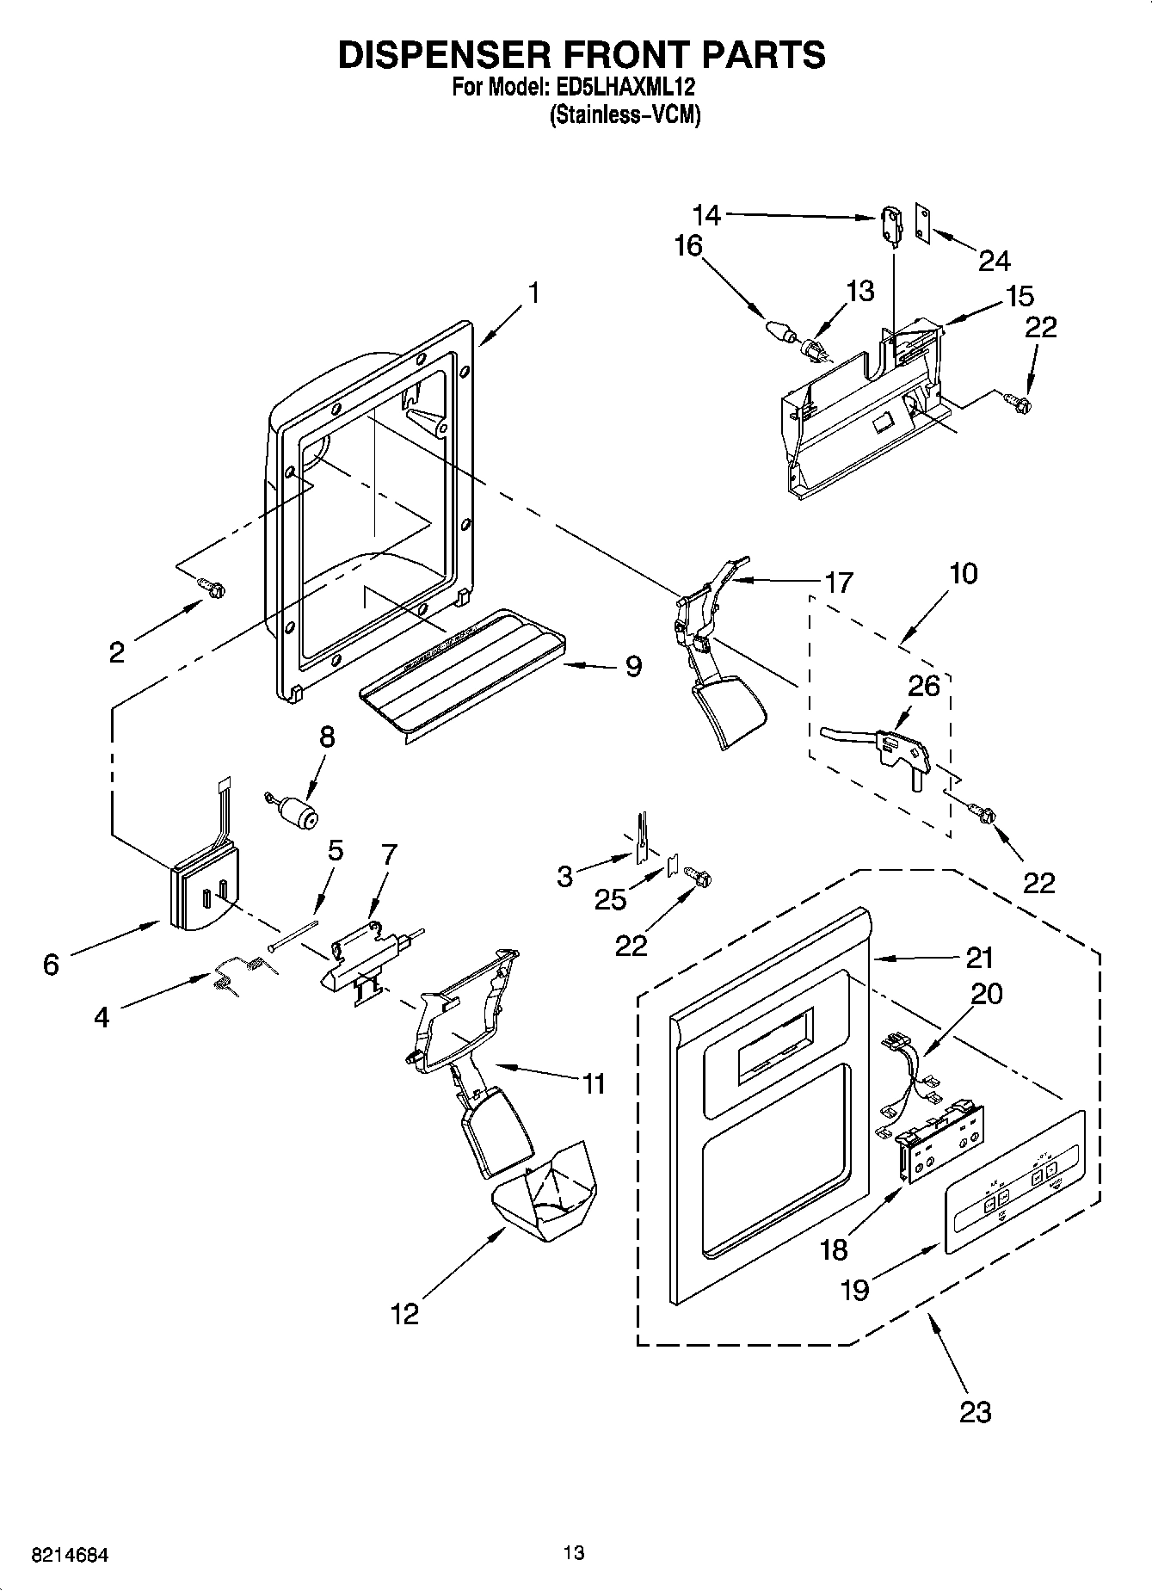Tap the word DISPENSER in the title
[x=447, y=54]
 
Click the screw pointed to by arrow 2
[x=213, y=588]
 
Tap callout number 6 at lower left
[x=51, y=965]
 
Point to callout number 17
[x=838, y=583]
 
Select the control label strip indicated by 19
[x=1015, y=1178]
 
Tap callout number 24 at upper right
[x=994, y=260]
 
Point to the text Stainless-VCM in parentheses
[x=625, y=114]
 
